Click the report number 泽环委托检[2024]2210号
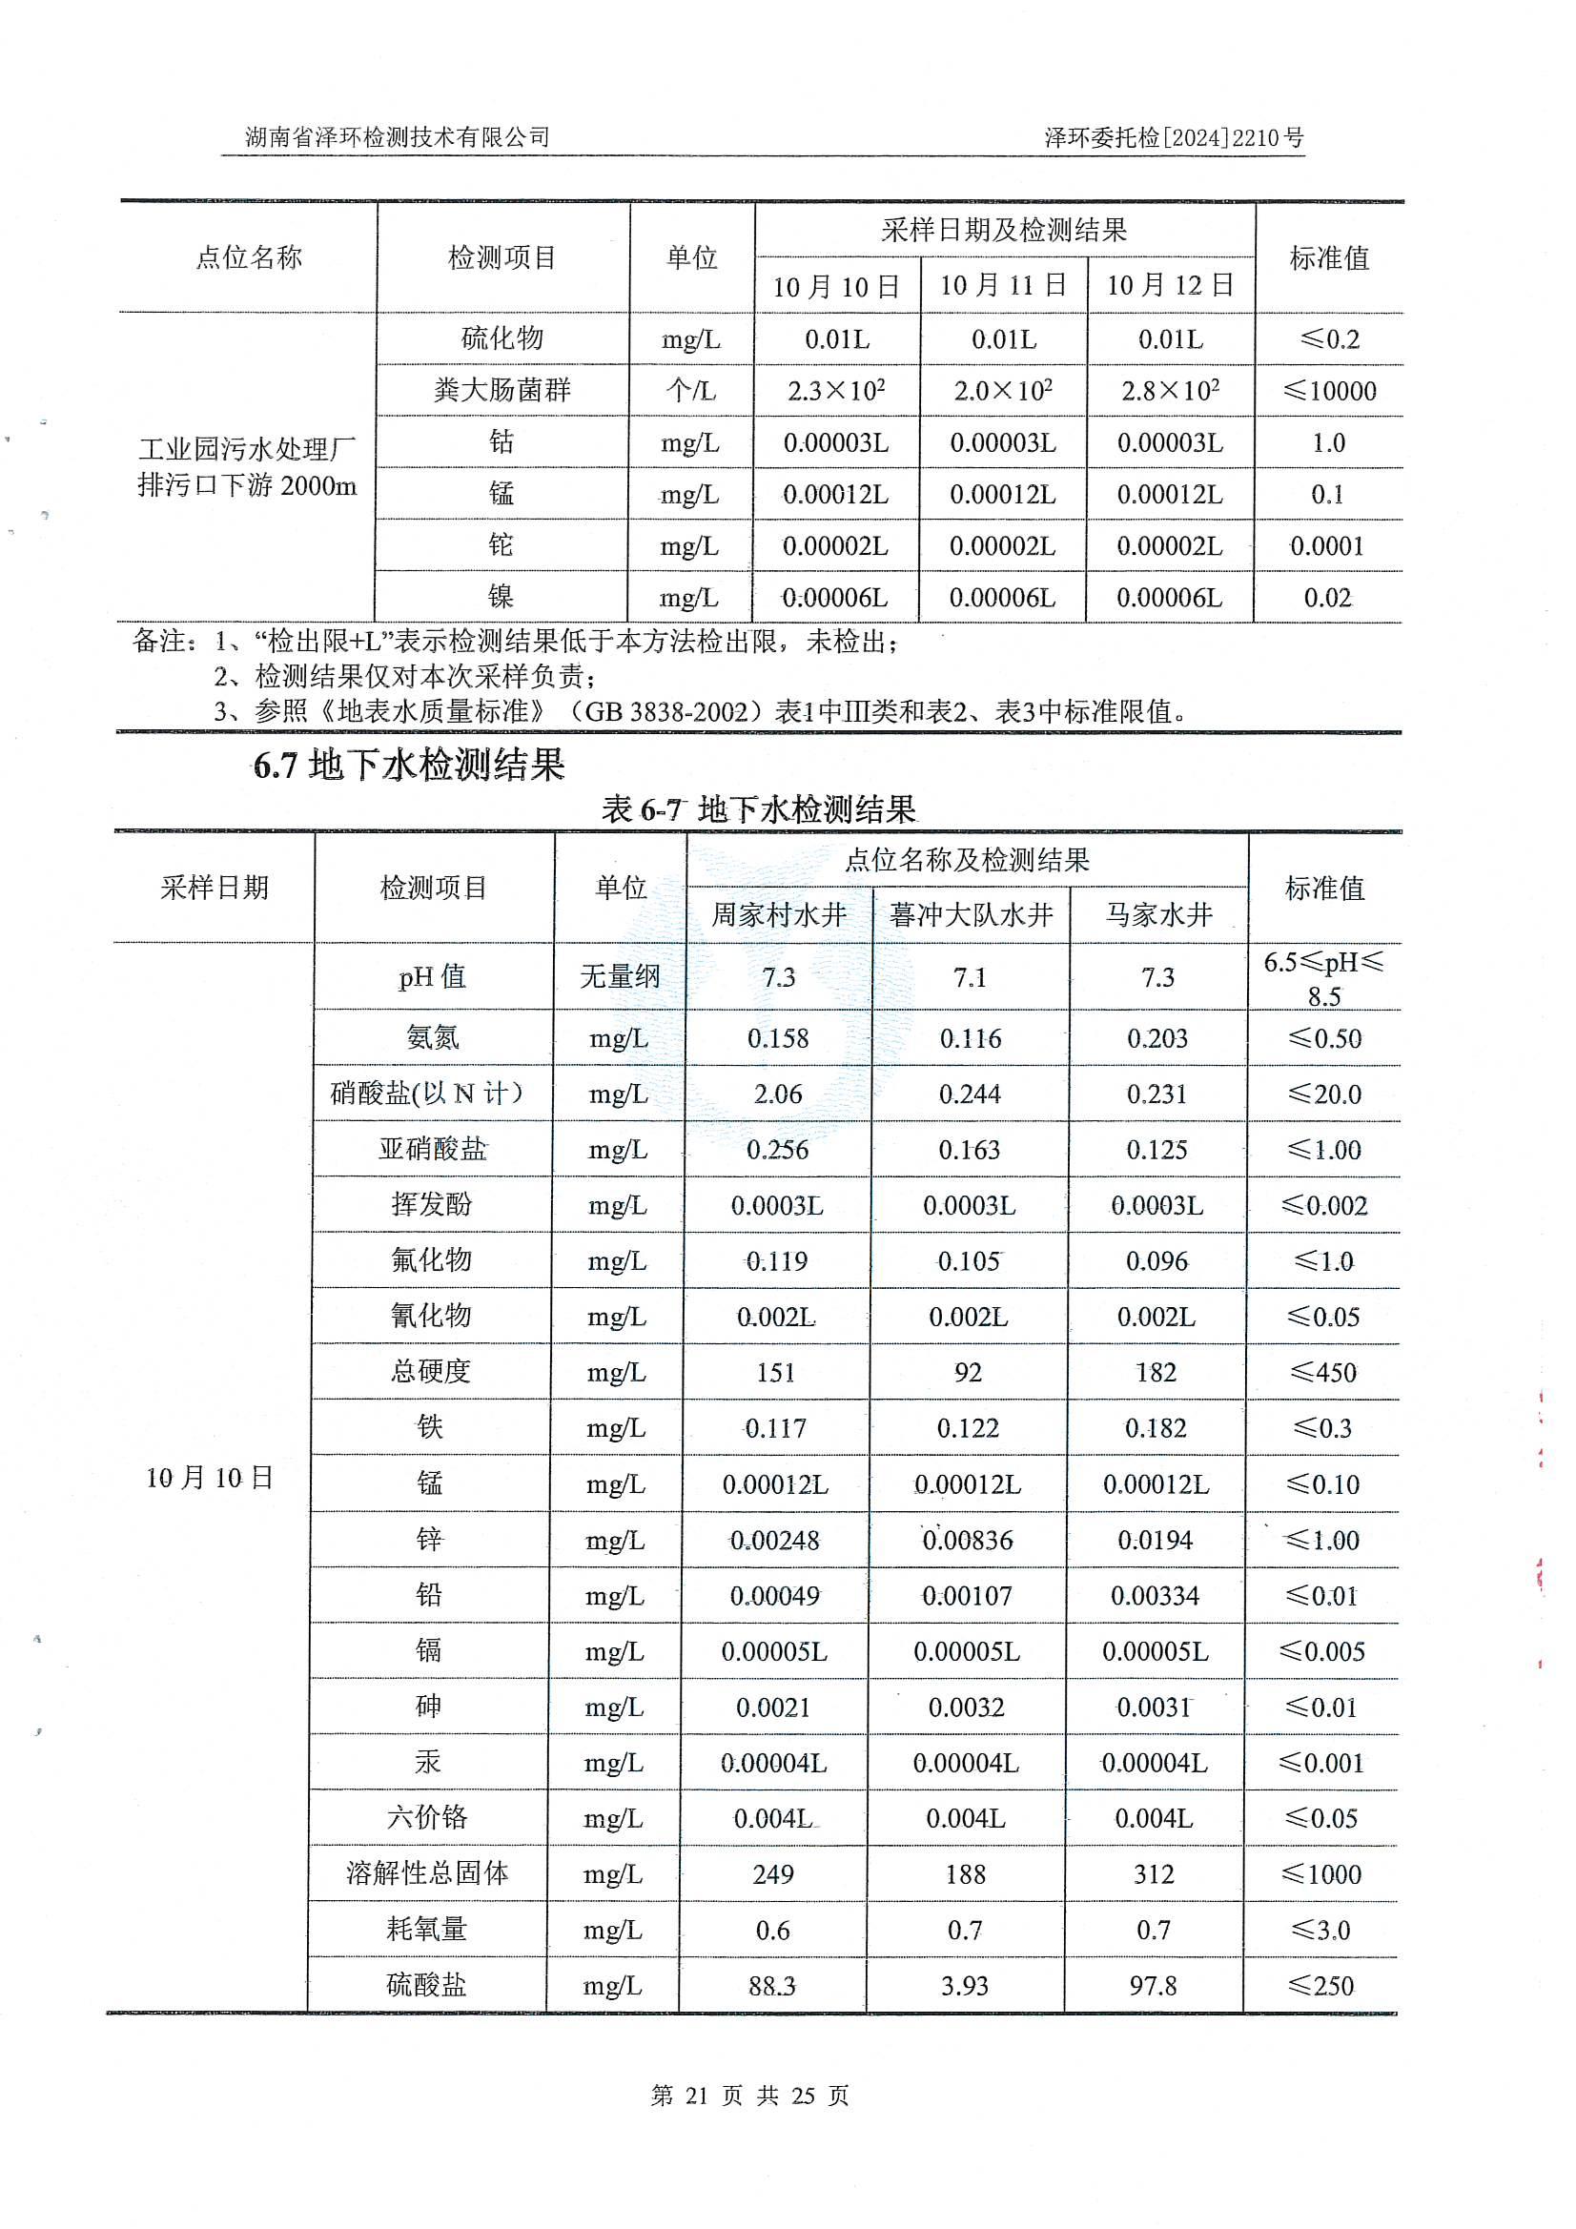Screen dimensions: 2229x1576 (1173, 138)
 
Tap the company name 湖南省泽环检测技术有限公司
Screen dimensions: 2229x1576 (398, 138)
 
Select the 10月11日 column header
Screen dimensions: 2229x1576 (1003, 285)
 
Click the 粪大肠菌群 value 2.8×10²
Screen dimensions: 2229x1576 (1170, 390)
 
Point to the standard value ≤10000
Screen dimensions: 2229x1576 (1328, 391)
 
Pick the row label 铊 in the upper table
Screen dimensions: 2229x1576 (501, 544)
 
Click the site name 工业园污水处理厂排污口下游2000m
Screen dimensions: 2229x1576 (247, 467)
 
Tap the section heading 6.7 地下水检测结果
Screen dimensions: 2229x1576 (409, 766)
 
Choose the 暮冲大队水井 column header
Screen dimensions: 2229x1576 (970, 914)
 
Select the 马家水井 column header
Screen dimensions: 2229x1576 (1158, 914)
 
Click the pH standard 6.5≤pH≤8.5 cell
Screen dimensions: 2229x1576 (1323, 978)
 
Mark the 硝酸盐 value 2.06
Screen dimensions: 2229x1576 (778, 1094)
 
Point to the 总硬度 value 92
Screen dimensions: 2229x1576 (968, 1372)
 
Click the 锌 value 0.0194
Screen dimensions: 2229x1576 (1155, 1540)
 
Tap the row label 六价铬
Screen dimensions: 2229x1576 (427, 1817)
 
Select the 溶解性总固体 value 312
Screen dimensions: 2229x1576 (1154, 1873)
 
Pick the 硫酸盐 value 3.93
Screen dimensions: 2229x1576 (964, 1985)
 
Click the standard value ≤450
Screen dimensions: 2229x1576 (1322, 1372)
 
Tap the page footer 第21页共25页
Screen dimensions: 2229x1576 (749, 2096)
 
